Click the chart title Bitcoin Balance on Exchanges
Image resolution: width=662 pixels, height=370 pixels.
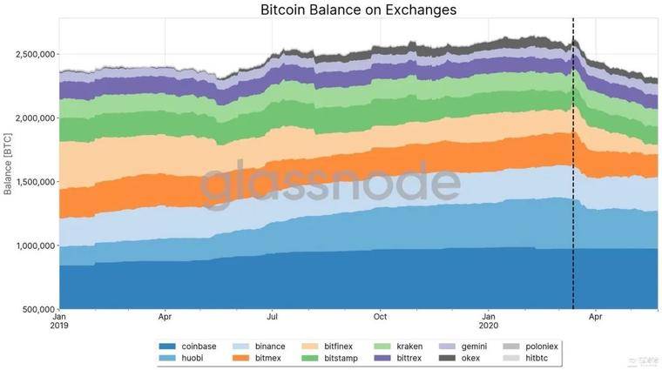click(x=358, y=10)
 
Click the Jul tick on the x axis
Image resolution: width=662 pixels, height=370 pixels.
click(x=273, y=317)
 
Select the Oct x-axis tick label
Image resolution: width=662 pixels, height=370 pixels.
click(x=380, y=317)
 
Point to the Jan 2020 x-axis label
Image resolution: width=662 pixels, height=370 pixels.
click(x=490, y=322)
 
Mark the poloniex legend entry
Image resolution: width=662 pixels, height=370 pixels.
click(x=537, y=346)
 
